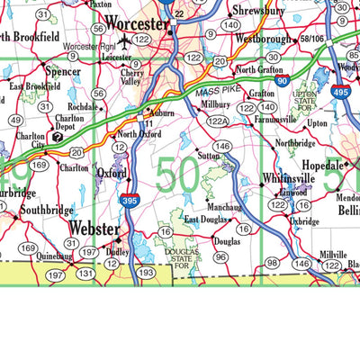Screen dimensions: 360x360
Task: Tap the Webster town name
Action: coord(94,229)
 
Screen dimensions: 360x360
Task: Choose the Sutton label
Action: coord(209,155)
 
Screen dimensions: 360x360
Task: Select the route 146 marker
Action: coord(222,146)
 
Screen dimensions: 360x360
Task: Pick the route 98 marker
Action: coord(272,262)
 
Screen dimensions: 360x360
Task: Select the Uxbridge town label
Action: coord(304,220)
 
